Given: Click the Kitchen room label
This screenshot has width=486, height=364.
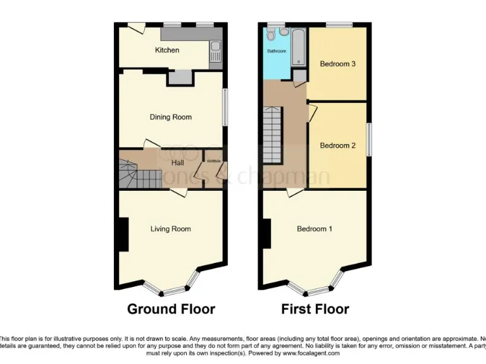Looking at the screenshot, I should pyautogui.click(x=167, y=50).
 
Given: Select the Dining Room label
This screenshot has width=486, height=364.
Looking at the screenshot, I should pyautogui.click(x=170, y=117).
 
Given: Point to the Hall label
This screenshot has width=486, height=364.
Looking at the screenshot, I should pyautogui.click(x=177, y=162).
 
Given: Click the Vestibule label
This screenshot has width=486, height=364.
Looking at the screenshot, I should pyautogui.click(x=213, y=162).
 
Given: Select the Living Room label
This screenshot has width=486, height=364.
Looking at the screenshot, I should pyautogui.click(x=170, y=229).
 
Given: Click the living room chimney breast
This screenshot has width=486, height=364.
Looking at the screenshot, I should pyautogui.click(x=123, y=234).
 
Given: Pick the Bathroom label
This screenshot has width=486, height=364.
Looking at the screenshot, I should pyautogui.click(x=277, y=51).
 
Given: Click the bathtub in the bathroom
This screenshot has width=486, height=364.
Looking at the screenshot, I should pyautogui.click(x=298, y=47).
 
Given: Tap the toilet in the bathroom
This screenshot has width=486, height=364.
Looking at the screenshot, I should pyautogui.click(x=271, y=35).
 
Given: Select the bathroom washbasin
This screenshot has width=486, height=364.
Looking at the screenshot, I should pyautogui.click(x=284, y=31).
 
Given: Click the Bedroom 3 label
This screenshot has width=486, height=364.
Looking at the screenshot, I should pyautogui.click(x=337, y=64).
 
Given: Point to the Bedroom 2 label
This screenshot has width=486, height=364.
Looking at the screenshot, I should pyautogui.click(x=337, y=145).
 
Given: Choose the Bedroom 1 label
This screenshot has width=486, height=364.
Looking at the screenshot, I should pyautogui.click(x=315, y=229).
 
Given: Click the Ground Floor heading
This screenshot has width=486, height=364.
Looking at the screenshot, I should pyautogui.click(x=171, y=309).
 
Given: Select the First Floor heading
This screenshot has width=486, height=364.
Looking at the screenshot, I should pyautogui.click(x=315, y=309).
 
